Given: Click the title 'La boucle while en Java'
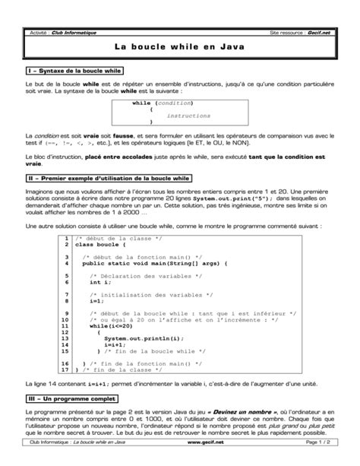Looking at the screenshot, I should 180,47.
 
